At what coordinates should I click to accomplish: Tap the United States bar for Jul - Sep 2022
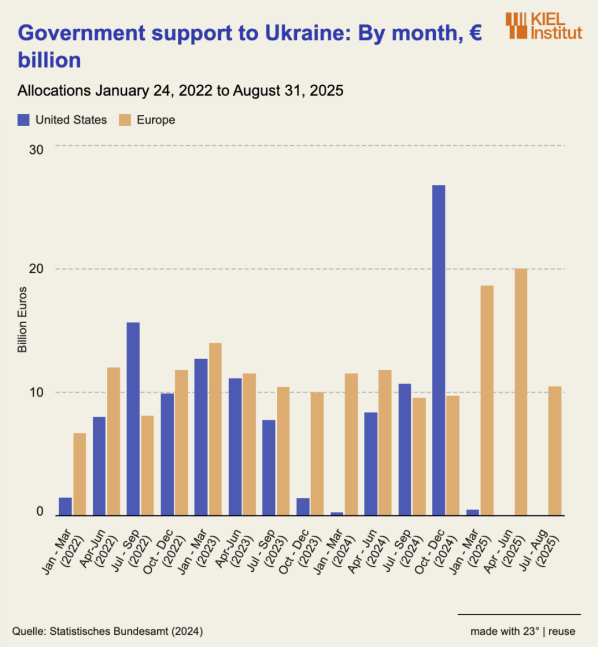133,418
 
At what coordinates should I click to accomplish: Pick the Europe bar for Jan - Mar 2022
80,474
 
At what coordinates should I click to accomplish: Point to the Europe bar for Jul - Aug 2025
555,451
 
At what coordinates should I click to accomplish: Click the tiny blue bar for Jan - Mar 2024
337,514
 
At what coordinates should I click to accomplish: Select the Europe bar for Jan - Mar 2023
215,429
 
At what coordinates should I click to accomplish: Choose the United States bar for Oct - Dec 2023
303,506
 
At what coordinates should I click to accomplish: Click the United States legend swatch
23,120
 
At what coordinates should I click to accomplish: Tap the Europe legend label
156,120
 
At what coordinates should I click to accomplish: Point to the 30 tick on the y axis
36,149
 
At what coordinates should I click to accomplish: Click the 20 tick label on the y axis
36,269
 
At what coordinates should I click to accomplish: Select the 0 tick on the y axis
40,511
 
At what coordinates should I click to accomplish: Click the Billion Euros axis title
22,319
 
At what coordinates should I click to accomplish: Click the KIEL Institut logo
544,26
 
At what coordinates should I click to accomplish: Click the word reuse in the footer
561,631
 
